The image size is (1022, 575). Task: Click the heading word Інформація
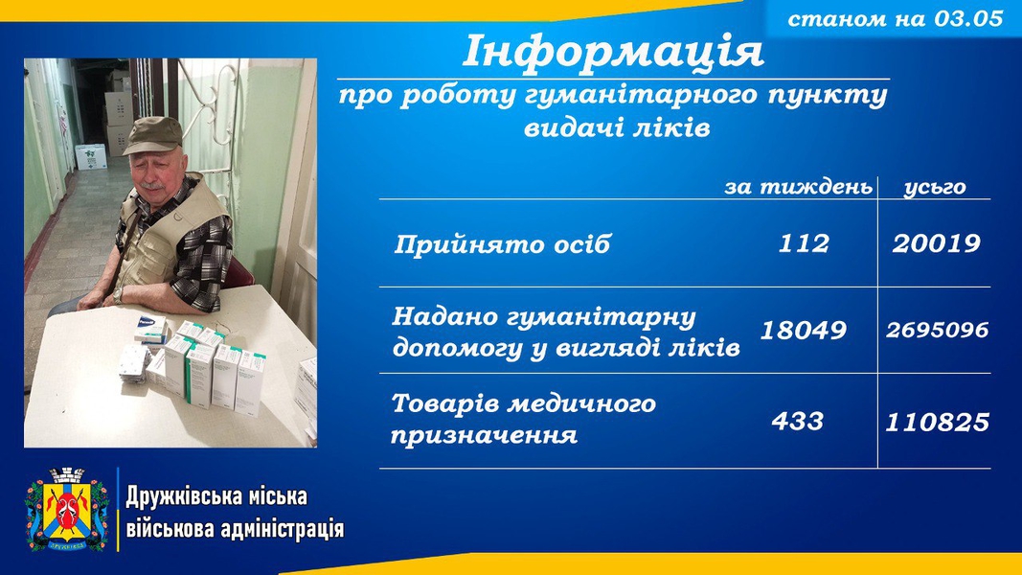613,52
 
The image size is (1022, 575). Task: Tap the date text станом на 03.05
895,18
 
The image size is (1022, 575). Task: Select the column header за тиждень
798,187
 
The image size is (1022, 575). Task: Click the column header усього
935,187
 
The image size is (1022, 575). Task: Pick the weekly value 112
804,243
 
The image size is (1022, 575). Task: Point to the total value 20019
936,243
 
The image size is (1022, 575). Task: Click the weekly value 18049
803,330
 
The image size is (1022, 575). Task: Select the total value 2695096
937,330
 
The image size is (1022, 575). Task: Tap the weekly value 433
797,421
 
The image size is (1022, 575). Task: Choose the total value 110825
937,423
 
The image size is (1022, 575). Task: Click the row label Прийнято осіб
502,244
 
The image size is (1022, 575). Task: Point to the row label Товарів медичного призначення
523,419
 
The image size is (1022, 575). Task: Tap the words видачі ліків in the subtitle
617,127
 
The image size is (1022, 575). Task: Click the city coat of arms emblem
67,509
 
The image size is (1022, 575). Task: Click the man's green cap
153,135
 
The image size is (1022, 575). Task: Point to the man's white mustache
152,186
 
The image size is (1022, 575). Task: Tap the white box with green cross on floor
91,156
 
